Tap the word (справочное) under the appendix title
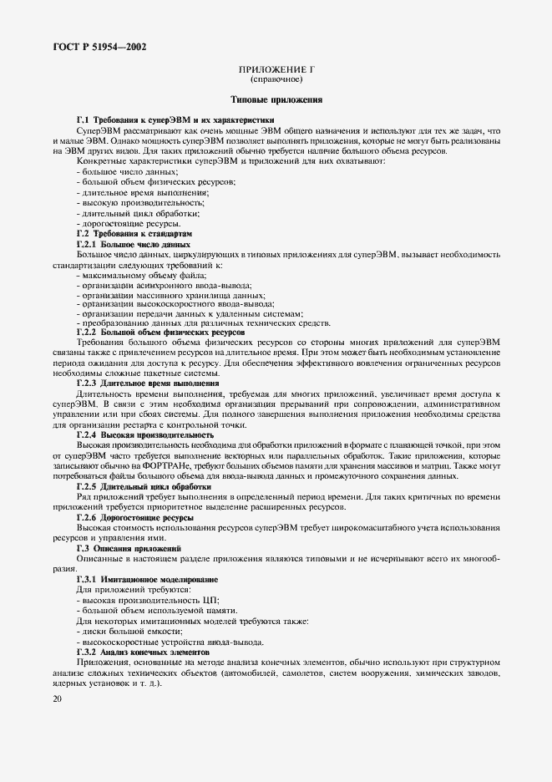pos(276,81)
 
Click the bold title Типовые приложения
pos(276,99)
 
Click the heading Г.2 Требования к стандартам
pos(134,235)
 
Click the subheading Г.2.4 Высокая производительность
pos(145,435)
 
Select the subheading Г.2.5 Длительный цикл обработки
pos(143,486)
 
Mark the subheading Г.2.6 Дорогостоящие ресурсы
pos(135,518)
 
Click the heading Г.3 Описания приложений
pos(130,548)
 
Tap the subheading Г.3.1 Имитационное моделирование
pos(147,579)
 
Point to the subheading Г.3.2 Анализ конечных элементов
pos(143,650)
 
